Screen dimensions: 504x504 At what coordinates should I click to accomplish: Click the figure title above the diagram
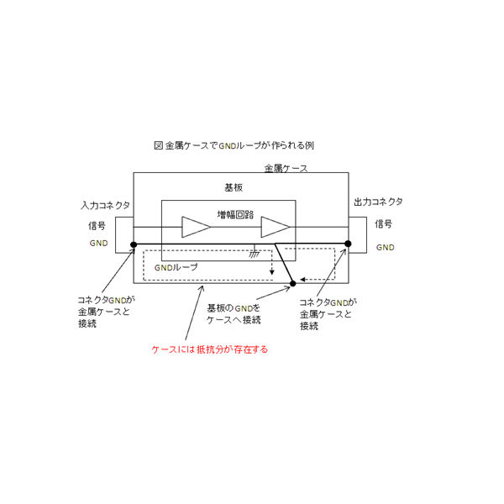(x=234, y=145)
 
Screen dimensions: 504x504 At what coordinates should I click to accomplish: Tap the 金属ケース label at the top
(x=286, y=168)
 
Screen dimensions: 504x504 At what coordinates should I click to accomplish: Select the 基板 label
(x=234, y=187)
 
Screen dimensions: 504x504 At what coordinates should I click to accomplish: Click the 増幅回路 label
(x=235, y=214)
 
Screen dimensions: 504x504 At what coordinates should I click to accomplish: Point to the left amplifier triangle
(x=196, y=227)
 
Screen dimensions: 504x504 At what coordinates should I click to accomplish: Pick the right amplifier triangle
(x=276, y=227)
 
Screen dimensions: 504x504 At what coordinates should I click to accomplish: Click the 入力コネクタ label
(x=106, y=205)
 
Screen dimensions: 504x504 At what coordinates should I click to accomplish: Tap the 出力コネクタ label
(x=378, y=202)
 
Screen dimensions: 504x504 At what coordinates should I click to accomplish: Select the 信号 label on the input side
(x=97, y=225)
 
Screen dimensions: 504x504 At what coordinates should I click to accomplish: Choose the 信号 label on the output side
(x=384, y=223)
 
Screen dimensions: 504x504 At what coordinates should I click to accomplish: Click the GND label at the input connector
(x=98, y=243)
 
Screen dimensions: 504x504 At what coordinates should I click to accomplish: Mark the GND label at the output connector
(x=385, y=247)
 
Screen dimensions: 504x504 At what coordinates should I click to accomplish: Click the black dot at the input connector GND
(x=134, y=245)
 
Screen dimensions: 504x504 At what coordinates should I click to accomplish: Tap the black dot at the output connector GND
(x=348, y=244)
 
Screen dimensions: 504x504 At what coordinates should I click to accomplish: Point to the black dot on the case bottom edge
(x=293, y=284)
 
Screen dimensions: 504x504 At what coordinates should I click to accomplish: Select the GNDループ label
(x=176, y=267)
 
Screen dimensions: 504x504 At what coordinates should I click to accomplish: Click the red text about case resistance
(x=209, y=349)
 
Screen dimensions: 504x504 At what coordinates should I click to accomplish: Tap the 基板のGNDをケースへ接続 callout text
(x=234, y=314)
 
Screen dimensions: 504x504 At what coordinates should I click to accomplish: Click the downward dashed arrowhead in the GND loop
(x=272, y=272)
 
